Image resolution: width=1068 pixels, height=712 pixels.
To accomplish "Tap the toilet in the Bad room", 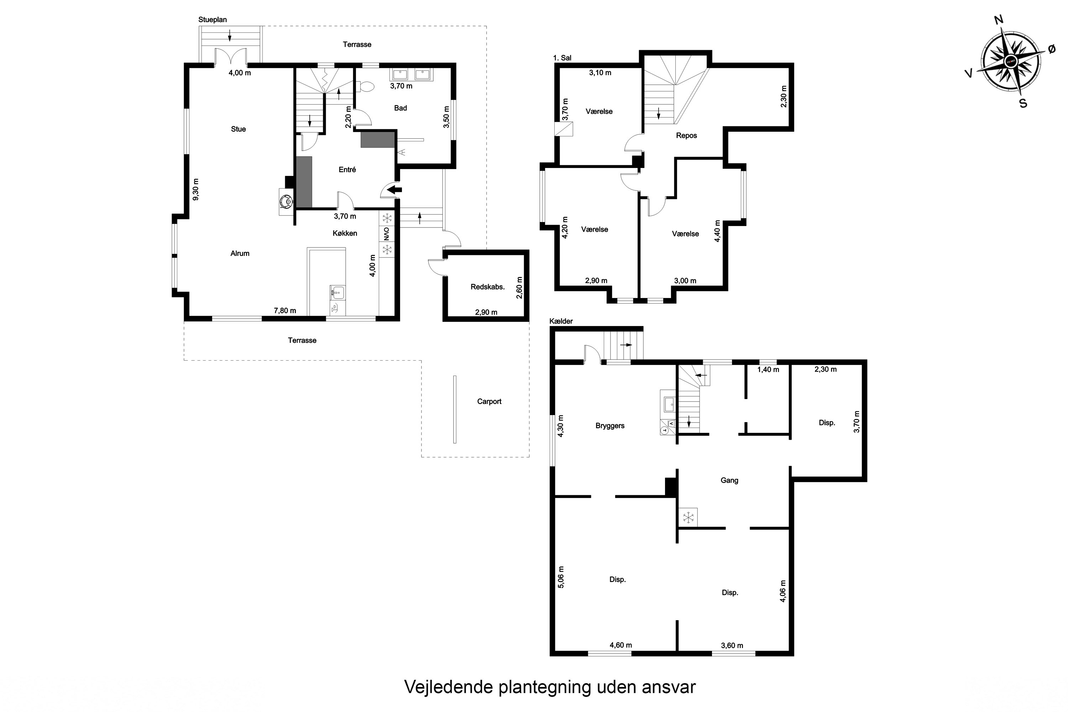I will point(366,86).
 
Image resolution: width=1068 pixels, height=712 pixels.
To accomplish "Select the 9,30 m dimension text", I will point(196,189).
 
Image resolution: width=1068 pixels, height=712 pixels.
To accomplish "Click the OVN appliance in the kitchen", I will point(386,234).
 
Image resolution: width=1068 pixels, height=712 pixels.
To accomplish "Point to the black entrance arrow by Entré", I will point(395,189).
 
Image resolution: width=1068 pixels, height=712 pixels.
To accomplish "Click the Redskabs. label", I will point(487,287).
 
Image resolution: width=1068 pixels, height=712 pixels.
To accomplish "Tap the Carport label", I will point(489,402).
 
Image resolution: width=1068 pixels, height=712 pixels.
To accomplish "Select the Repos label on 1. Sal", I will point(686,135).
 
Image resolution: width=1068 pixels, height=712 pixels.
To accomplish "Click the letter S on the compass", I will point(1023,104).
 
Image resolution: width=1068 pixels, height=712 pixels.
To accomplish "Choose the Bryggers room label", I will point(610,426).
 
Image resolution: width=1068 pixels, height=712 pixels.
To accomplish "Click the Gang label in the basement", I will point(729,480).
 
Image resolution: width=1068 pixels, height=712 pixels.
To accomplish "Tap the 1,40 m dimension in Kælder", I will point(768,370).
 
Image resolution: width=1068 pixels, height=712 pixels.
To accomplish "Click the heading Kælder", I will point(561,321).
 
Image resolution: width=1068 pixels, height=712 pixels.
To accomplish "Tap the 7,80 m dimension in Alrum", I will point(285,310).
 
